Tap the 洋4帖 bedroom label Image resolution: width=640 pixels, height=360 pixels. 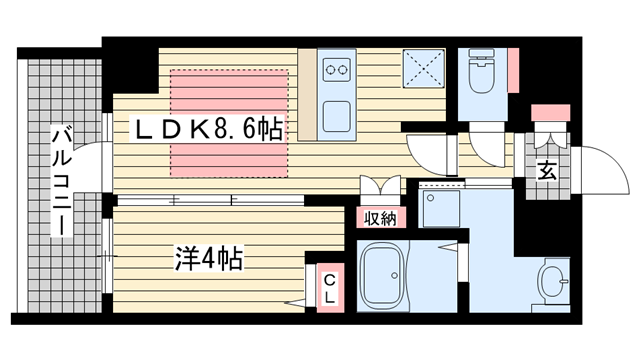(209, 258)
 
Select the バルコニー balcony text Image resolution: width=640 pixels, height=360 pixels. (61, 182)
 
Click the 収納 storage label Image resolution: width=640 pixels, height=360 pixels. (380, 219)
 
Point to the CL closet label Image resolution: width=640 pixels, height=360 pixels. (330, 289)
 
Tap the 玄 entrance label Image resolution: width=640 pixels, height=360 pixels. (546, 171)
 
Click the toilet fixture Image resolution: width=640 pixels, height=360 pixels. (482, 70)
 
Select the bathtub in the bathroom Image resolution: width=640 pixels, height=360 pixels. (383, 276)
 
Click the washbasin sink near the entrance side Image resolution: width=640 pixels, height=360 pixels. (553, 282)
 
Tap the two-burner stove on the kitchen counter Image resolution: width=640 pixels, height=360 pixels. (337, 69)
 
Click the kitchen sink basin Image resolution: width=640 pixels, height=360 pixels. (337, 117)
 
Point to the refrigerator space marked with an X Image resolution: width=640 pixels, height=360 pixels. (424, 69)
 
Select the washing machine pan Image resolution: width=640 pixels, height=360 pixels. (442, 208)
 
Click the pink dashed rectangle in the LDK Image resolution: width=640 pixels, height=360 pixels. (229, 123)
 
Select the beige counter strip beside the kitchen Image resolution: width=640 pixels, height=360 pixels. (307, 95)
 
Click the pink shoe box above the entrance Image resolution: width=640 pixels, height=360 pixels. (551, 113)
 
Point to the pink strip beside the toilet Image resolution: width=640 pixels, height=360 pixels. (513, 70)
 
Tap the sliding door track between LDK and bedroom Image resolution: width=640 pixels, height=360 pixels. (211, 200)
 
